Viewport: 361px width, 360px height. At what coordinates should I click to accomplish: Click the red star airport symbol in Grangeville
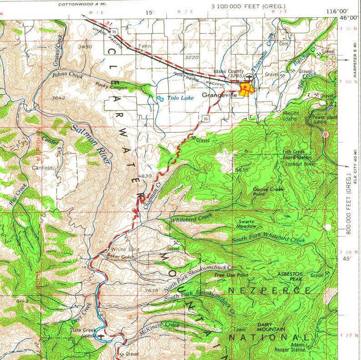coord(245,86)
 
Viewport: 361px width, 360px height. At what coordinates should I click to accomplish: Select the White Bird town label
coord(125,249)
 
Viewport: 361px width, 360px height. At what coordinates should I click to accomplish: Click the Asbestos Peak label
coord(290,276)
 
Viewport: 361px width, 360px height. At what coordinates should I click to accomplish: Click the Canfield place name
coord(44,167)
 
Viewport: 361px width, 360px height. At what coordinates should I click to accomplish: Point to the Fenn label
coord(144,46)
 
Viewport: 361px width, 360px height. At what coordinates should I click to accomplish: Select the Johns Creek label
coord(68,76)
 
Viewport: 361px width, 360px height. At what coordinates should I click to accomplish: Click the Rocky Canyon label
coord(112,85)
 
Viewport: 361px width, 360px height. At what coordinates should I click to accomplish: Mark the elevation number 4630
coord(144,176)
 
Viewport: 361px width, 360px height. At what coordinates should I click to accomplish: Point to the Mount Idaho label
coord(291,116)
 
